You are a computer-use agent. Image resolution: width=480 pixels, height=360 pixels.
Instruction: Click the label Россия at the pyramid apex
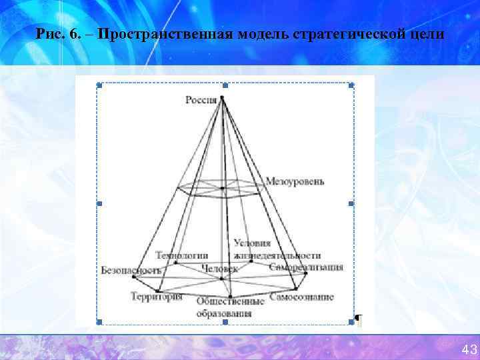click(201, 100)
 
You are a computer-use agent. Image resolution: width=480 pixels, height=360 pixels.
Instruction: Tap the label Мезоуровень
click(295, 181)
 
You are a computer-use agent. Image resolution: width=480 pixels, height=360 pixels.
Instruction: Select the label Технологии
click(181, 255)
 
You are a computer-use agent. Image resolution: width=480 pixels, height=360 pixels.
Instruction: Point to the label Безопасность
click(131, 270)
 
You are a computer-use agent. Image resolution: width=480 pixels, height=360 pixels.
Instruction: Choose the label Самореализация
click(307, 267)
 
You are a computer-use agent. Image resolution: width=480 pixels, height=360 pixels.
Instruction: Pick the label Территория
click(156, 297)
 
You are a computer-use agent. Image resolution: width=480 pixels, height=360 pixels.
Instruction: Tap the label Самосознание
click(301, 297)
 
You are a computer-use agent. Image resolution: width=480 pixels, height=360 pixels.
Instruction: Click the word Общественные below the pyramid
click(230, 302)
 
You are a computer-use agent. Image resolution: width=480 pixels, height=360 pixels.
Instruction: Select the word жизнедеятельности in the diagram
click(277, 255)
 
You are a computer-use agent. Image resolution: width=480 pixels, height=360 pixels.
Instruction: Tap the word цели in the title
click(425, 34)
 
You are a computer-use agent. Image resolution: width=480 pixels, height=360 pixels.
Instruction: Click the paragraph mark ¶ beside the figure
click(358, 321)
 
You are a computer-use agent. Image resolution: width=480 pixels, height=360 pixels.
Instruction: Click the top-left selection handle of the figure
click(99, 85)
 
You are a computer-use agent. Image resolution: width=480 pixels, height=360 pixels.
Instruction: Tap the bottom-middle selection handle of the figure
click(225, 322)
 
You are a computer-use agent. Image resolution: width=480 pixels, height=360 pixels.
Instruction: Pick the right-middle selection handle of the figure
click(351, 203)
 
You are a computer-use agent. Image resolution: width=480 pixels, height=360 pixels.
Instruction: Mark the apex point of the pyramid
click(222, 98)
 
